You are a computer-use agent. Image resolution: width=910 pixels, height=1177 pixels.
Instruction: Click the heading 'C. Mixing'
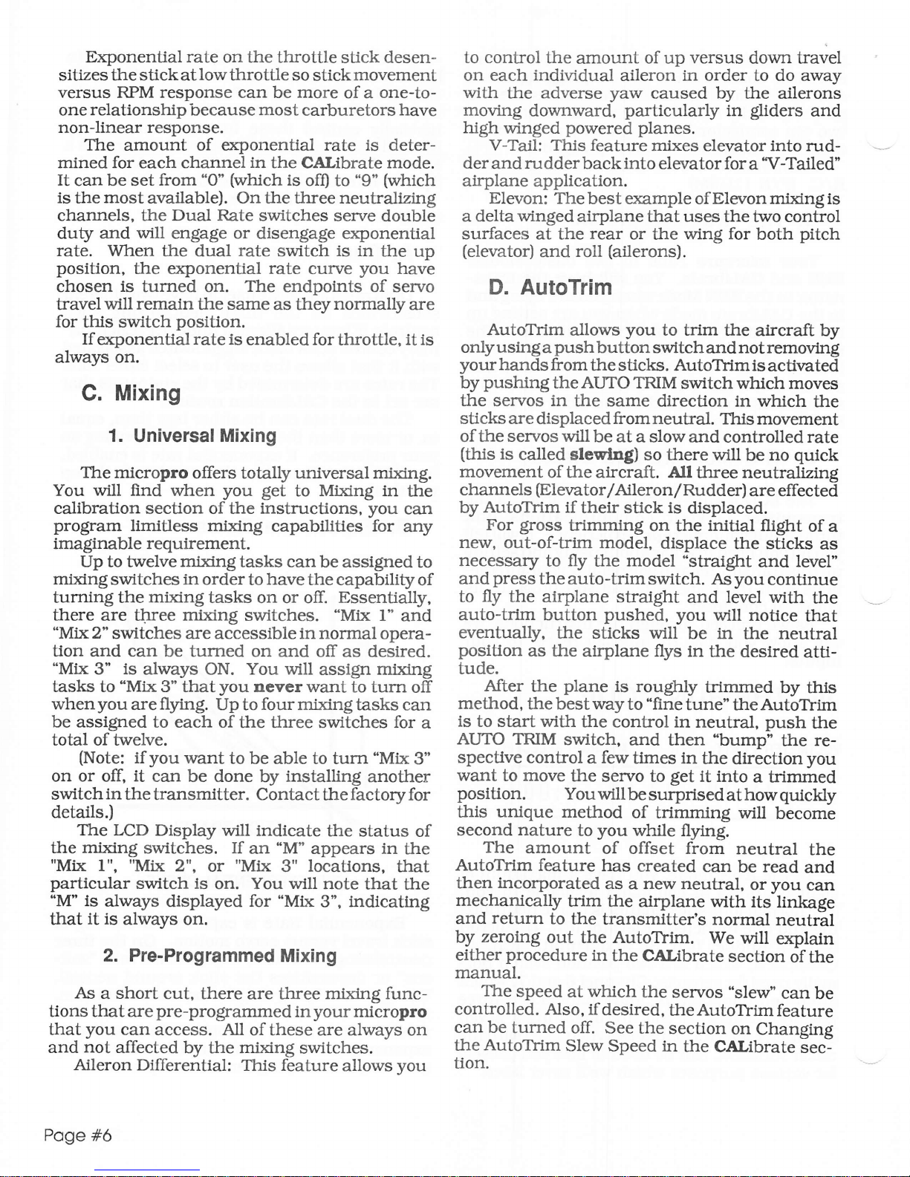[131, 394]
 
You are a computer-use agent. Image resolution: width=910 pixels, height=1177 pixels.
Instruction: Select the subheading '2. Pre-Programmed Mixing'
[220, 956]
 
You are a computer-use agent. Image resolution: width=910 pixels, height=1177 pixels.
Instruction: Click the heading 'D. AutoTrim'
[550, 287]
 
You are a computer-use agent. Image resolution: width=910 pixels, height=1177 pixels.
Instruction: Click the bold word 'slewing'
[601, 455]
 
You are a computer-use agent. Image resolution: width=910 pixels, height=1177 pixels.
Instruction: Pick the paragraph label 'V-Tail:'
[516, 146]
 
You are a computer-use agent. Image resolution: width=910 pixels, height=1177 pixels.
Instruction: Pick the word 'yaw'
[625, 93]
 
